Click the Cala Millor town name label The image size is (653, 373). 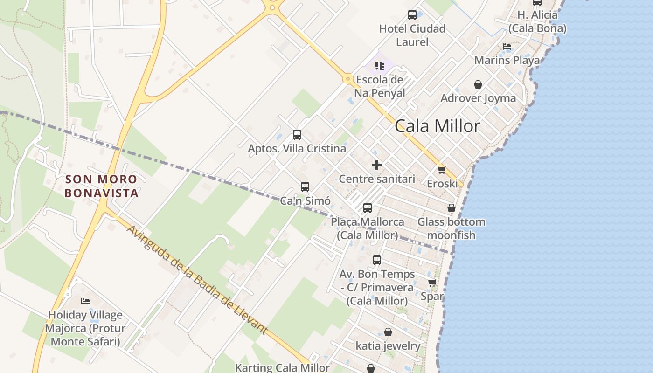coord(437,126)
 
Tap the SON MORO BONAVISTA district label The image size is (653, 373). coord(101,186)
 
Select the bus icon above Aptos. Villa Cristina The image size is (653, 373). coord(297,135)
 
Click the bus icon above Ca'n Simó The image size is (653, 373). coord(305,187)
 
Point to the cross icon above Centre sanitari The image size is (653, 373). coord(377,165)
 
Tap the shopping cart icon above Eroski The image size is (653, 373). coord(442,170)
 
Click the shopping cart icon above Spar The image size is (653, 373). coord(432,283)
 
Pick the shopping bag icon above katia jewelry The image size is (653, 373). coord(388,332)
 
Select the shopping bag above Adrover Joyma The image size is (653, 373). coord(478,84)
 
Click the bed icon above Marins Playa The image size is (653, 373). coord(507,47)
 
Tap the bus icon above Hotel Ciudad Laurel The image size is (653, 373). coord(412,15)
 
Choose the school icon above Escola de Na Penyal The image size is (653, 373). coord(379,65)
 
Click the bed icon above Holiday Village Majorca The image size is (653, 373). coord(85,301)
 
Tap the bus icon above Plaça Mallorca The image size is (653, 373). coord(368,208)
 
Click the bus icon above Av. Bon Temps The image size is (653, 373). coord(377,260)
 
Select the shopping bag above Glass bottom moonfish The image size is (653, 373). coord(452,208)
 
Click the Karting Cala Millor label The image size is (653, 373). coord(282,367)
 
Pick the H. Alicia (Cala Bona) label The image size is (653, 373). coord(537,21)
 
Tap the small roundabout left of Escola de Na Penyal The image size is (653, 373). coord(347,79)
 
